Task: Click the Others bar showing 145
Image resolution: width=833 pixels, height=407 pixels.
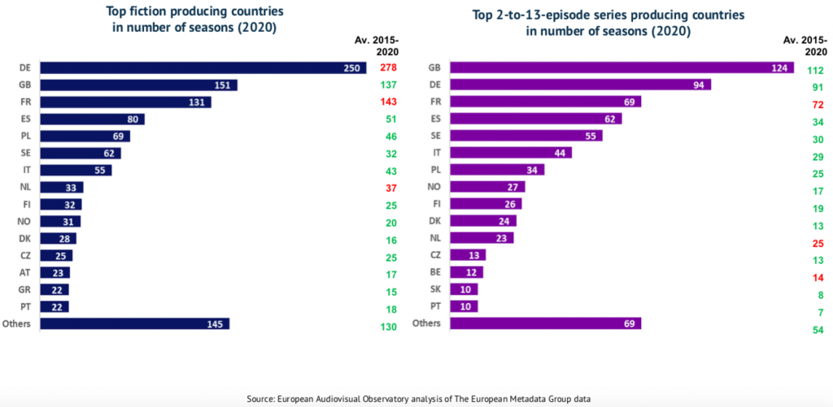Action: tap(135, 323)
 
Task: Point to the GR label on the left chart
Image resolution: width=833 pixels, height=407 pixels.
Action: tap(24, 289)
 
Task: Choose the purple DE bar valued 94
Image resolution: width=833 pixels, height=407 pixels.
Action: tap(580, 84)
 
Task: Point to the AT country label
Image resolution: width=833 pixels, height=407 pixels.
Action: tap(24, 272)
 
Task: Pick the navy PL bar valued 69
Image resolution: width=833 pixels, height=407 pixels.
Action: tap(85, 136)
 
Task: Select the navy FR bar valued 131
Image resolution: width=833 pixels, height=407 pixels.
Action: tap(126, 102)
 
